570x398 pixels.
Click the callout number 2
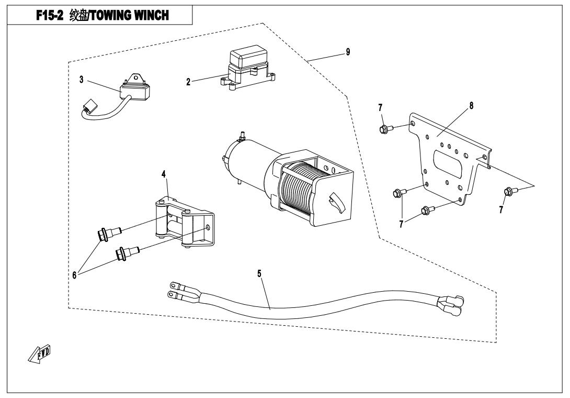pos(188,82)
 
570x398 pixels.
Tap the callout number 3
pos(82,80)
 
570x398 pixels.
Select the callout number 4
pos(164,173)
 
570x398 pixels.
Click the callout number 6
pos(75,274)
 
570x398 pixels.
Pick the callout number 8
pos(471,105)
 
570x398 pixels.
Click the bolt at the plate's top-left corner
pos(383,128)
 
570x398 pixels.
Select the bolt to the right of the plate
pos(508,192)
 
